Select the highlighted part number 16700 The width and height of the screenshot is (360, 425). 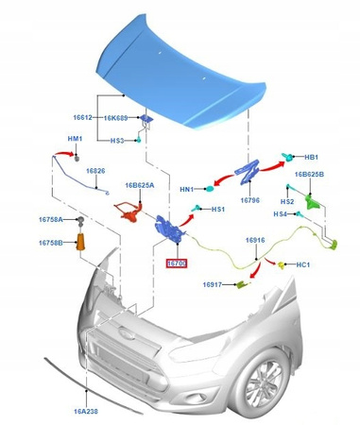(x=176, y=265)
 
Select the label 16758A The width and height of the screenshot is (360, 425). (x=51, y=220)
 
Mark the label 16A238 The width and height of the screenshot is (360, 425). (x=90, y=412)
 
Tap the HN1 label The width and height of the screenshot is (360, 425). (x=187, y=190)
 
